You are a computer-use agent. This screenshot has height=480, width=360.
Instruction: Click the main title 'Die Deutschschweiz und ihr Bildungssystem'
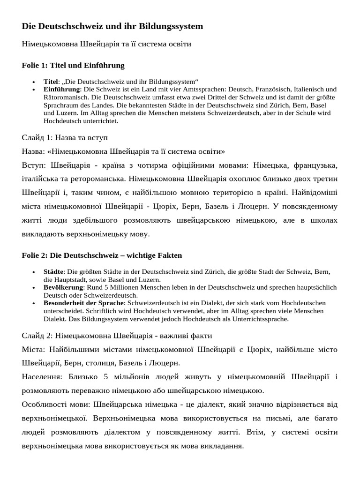[x=112, y=26]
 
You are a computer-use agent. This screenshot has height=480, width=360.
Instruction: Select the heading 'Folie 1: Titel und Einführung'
[x=73, y=65]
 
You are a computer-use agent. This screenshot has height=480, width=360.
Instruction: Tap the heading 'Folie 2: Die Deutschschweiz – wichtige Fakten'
[x=102, y=255]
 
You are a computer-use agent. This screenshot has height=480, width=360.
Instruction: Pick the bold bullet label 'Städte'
[x=53, y=271]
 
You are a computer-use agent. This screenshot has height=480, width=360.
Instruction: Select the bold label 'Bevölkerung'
[x=64, y=287]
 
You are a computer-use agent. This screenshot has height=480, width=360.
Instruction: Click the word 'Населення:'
[x=42, y=376]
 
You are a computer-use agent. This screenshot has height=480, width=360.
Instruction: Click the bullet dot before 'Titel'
[x=34, y=82]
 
